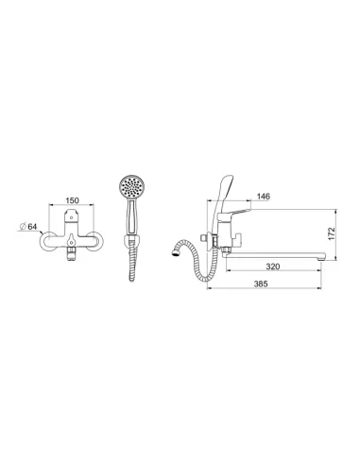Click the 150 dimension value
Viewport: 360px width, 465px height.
(x=72, y=200)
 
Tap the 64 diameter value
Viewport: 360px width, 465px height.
(x=32, y=226)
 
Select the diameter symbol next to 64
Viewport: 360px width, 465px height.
(x=23, y=226)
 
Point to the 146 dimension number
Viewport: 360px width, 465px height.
(x=264, y=197)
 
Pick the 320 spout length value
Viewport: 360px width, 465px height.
(x=273, y=267)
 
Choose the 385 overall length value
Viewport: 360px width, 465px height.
(x=261, y=284)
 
